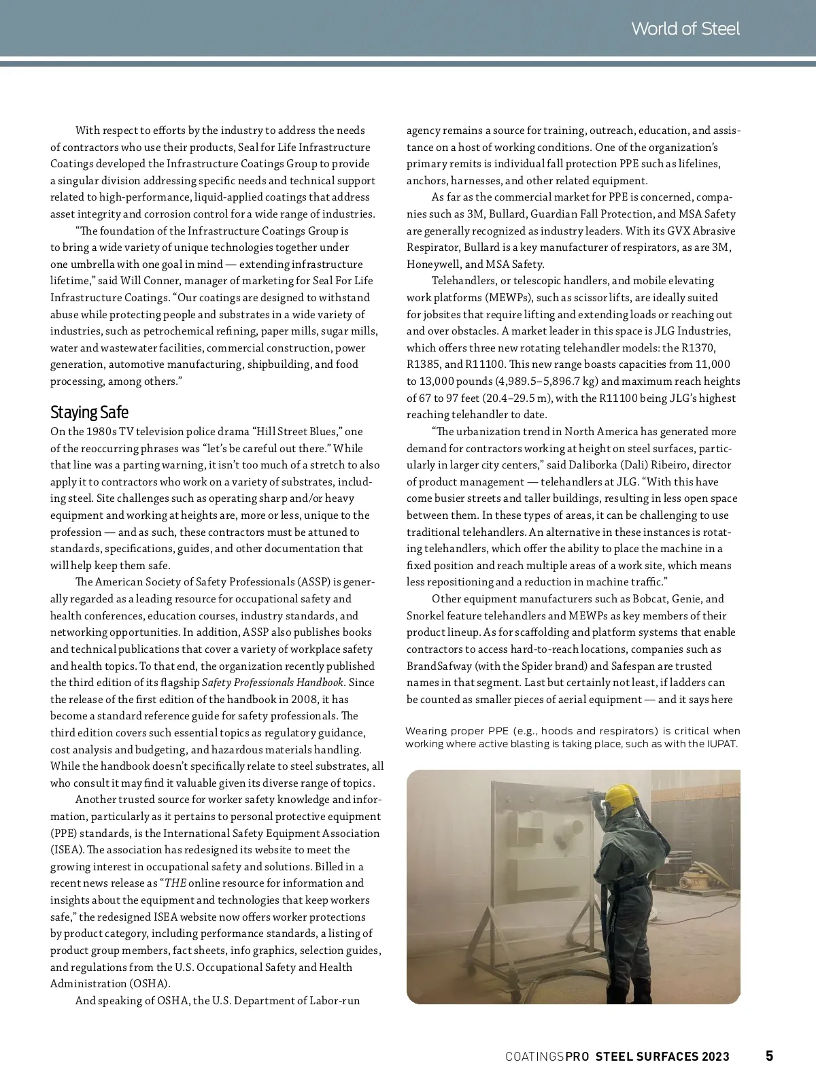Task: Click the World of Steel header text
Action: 685,29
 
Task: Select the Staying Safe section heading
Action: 89,413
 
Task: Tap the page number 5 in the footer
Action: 769,1056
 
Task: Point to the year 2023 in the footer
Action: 716,1057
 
